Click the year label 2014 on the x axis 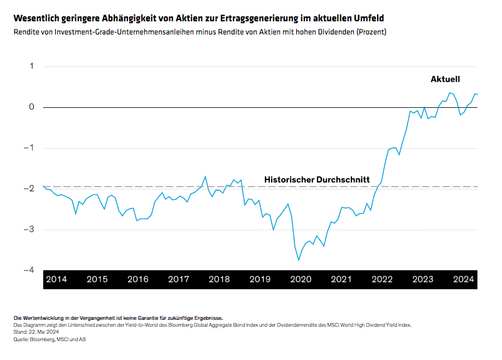[x=56, y=279]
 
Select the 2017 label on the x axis [x=179, y=279]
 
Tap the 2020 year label [x=301, y=279]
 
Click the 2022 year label [x=382, y=279]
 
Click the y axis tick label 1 [x=31, y=66]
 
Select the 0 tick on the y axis [x=31, y=107]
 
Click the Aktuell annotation [x=445, y=79]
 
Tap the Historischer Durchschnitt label [x=316, y=179]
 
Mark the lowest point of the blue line [x=299, y=260]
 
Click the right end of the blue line [x=478, y=94]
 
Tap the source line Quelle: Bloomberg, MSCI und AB [x=51, y=339]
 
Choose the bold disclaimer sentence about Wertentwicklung [x=117, y=319]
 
